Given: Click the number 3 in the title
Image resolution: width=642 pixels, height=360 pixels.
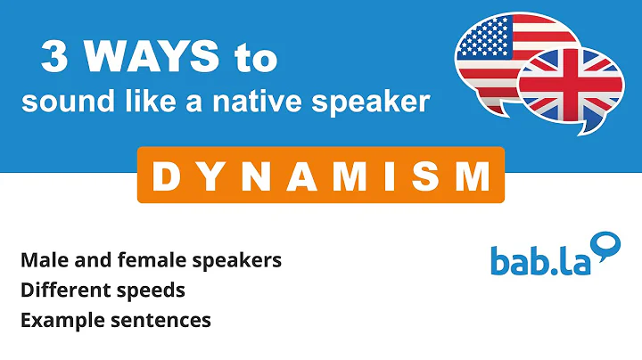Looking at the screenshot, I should pyautogui.click(x=55, y=59).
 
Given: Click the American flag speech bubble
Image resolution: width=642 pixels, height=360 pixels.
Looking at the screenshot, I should pyautogui.click(x=499, y=53).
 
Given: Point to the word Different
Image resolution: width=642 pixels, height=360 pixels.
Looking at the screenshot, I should pyautogui.click(x=60, y=290).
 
